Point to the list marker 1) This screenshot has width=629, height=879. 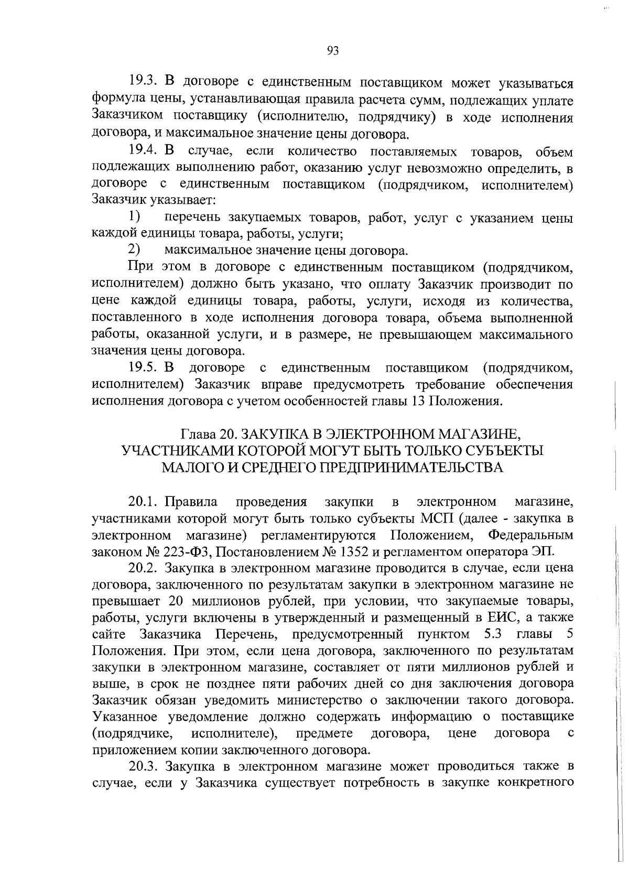[135, 216]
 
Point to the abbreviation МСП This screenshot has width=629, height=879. [438, 519]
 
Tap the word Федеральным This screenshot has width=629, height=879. [530, 535]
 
